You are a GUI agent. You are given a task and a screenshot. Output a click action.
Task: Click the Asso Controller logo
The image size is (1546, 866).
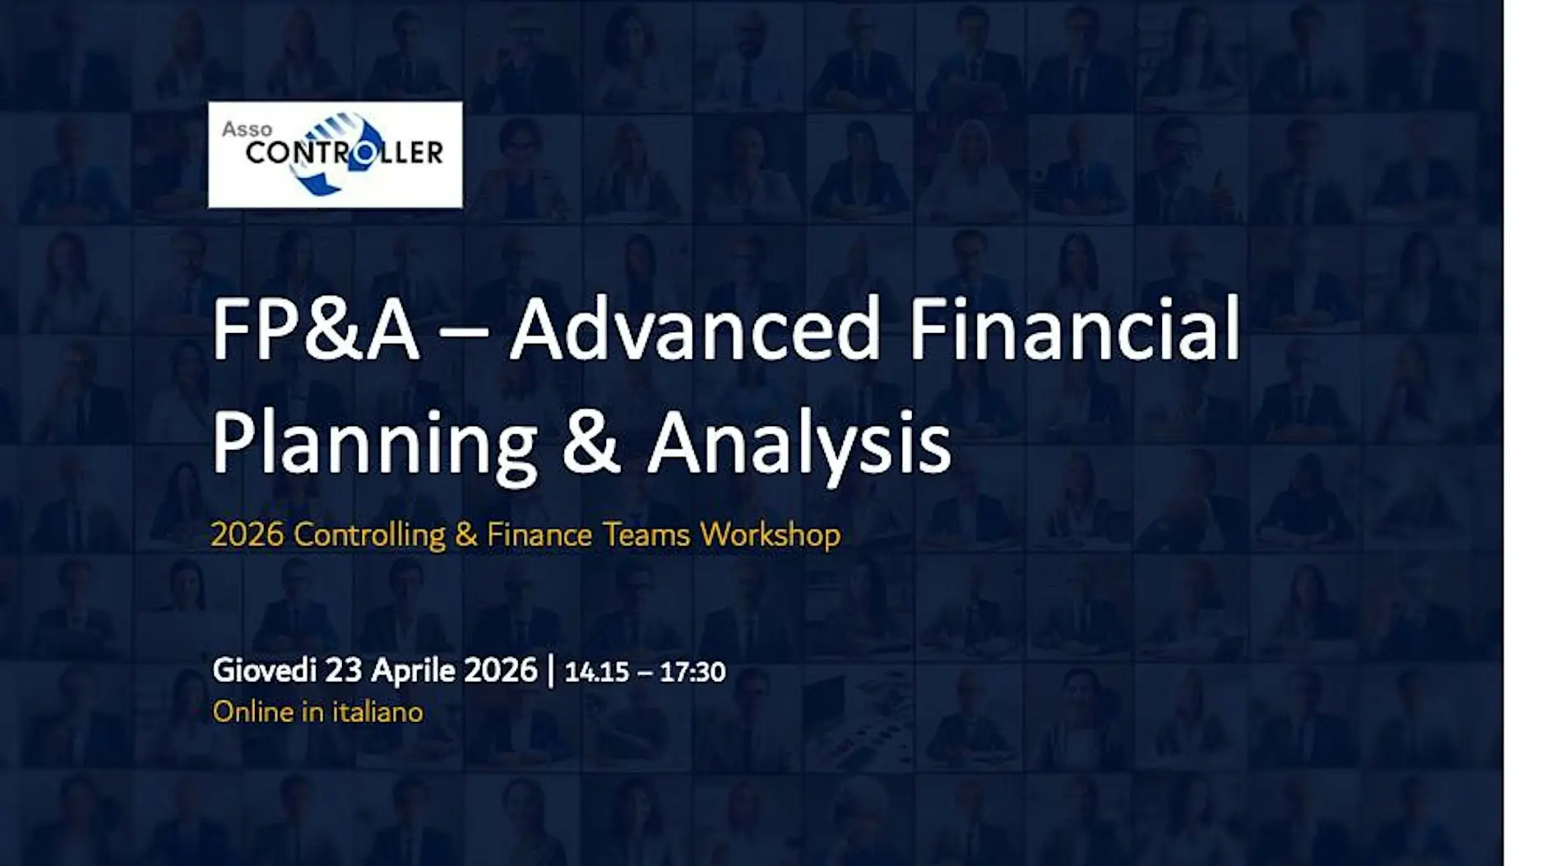coord(335,155)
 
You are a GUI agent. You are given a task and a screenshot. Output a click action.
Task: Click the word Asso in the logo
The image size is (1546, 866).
coord(247,129)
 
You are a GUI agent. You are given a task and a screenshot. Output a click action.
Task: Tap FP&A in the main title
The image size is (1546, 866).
coord(316,330)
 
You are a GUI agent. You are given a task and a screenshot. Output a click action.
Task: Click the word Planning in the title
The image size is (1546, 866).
coord(375,445)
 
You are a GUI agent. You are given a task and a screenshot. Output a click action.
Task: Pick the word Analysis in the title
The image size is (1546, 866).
coord(799,445)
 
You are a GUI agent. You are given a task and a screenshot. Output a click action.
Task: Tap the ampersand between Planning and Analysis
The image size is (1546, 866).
coord(592,442)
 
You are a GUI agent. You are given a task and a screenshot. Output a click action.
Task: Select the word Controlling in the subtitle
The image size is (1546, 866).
coord(369,535)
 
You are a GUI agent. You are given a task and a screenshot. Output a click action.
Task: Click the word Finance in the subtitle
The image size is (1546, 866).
coord(539,535)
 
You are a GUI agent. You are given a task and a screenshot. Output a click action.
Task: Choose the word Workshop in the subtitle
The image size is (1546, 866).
coord(771,535)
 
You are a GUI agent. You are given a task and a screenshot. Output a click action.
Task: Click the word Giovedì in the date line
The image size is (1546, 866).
coord(264,670)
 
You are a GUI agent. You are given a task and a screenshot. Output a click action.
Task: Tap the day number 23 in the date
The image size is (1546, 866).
coord(344,670)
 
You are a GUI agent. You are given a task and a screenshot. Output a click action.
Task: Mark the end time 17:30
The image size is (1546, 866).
coord(692,672)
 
